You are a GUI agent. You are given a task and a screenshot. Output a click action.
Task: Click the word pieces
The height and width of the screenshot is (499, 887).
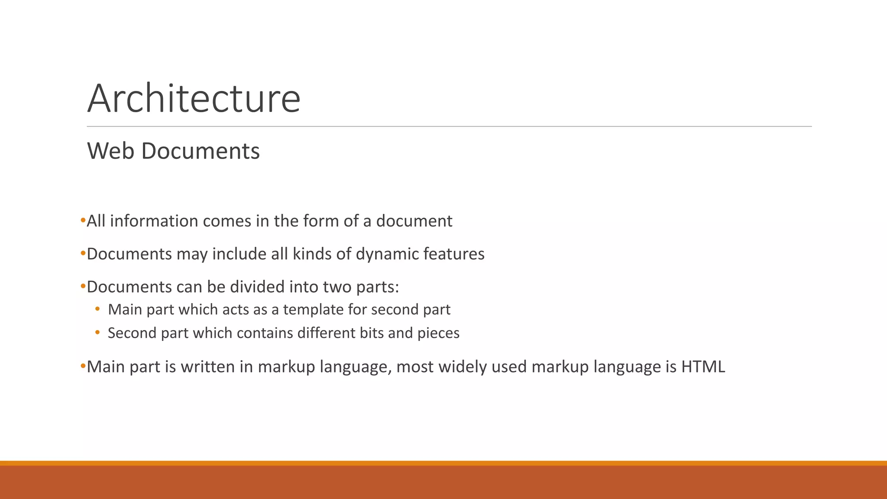[x=438, y=333]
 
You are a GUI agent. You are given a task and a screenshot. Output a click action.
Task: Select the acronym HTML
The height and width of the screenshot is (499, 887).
[x=703, y=367]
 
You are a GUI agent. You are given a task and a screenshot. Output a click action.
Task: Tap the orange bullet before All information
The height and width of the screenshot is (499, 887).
[x=83, y=221]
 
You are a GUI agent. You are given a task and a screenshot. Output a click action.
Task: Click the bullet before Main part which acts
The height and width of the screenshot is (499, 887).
[x=98, y=309]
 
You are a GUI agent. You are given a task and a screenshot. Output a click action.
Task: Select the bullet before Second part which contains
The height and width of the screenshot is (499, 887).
[x=98, y=333]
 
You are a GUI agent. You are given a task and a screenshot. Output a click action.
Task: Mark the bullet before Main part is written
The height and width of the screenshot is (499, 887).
[x=83, y=366]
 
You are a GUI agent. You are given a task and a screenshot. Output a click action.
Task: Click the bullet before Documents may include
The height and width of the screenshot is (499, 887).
[x=83, y=254]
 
